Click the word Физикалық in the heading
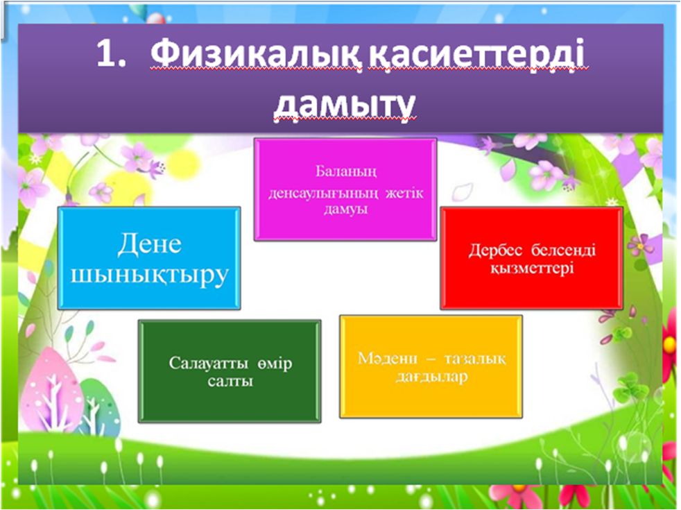pyautogui.click(x=257, y=56)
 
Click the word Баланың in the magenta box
pyautogui.click(x=346, y=172)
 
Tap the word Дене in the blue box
pyautogui.click(x=149, y=244)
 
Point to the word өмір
pyautogui.click(x=275, y=363)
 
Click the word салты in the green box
pyautogui.click(x=230, y=382)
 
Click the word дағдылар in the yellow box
pyautogui.click(x=432, y=377)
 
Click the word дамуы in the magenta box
pyautogui.click(x=346, y=210)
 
